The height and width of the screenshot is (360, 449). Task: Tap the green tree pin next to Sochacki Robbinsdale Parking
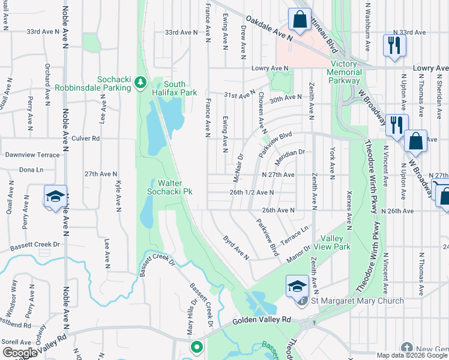pos(140,82)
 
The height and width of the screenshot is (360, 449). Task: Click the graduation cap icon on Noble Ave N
pos(55,196)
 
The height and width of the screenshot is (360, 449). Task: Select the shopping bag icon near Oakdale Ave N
pos(298,19)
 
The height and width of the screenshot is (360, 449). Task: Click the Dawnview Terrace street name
pos(32,155)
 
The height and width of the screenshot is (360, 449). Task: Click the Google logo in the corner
pos(19,353)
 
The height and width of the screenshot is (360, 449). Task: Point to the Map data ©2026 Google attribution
pos(411,355)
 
